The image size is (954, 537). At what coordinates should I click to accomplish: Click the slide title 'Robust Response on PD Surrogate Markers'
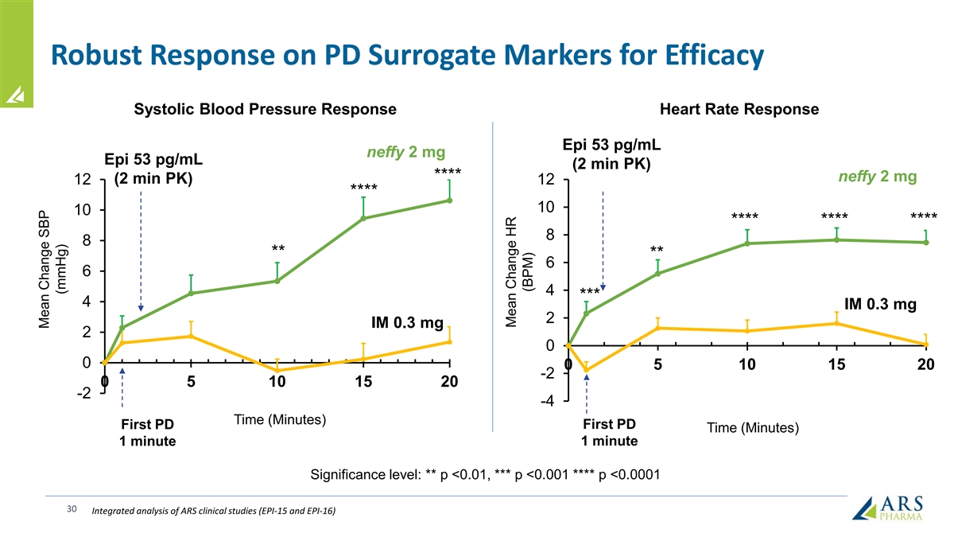(406, 55)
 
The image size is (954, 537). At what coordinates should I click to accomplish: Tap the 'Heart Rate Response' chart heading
(739, 109)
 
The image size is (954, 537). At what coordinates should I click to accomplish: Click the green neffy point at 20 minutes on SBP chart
(450, 200)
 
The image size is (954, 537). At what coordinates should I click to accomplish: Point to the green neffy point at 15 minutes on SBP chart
(363, 218)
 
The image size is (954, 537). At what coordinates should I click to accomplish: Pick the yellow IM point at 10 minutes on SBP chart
(277, 371)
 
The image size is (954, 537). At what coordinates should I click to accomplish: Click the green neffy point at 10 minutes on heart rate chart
(747, 243)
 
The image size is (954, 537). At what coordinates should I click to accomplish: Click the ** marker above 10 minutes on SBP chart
(277, 249)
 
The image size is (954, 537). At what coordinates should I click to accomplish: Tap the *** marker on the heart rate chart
(589, 292)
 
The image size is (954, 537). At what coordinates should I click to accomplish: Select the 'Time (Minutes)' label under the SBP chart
(280, 420)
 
